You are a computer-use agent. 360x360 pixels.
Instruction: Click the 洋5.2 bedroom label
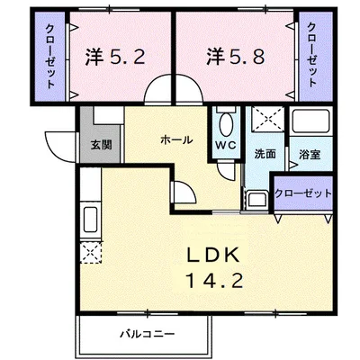tap(115, 57)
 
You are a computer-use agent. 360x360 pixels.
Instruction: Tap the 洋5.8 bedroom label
tap(235, 57)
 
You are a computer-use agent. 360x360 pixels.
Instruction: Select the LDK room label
tap(213, 256)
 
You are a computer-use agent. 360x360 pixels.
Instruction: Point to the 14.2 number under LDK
tap(214, 281)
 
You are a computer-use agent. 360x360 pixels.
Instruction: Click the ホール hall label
tap(176, 139)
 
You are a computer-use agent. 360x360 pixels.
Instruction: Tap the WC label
tap(227, 145)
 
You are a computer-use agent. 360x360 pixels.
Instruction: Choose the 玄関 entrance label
tap(102, 145)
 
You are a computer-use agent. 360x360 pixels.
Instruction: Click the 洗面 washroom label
tap(265, 154)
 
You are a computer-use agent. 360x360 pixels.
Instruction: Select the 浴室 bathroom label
tap(310, 155)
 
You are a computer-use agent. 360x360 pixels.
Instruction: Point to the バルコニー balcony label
tap(147, 334)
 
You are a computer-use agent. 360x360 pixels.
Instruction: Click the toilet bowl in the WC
tap(227, 124)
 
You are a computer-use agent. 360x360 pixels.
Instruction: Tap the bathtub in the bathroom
tap(311, 121)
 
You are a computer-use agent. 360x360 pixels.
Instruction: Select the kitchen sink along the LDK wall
tap(90, 219)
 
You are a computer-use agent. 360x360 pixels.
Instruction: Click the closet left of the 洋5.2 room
tap(49, 56)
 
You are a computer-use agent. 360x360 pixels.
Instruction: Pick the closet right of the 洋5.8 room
tap(316, 56)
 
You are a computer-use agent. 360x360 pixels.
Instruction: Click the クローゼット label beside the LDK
tap(303, 193)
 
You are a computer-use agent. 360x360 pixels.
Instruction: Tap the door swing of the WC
tap(225, 172)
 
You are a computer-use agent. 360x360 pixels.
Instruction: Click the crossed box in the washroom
tap(267, 119)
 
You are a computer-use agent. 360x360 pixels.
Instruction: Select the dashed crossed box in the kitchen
tap(91, 253)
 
